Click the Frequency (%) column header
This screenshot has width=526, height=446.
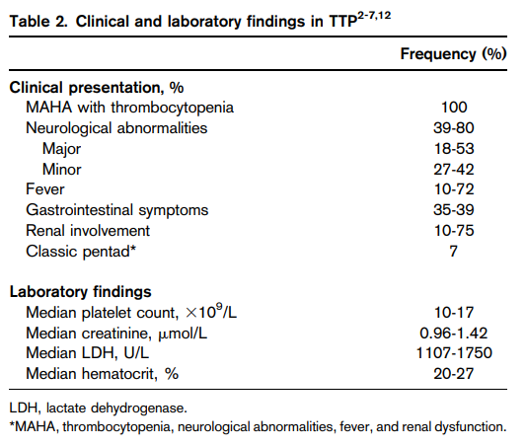[453, 54]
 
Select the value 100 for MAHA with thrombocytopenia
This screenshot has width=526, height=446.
[454, 108]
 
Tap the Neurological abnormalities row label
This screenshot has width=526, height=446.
[116, 128]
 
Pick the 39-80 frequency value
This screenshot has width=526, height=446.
[454, 127]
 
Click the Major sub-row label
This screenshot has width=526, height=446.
[62, 149]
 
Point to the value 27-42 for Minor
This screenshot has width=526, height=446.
[454, 170]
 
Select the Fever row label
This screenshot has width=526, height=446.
[45, 189]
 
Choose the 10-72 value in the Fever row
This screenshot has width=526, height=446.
[454, 189]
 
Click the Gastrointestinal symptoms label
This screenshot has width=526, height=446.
[117, 210]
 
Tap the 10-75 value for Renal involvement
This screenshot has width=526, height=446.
[454, 231]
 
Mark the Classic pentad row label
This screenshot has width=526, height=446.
[81, 252]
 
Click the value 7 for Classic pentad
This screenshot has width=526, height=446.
[454, 252]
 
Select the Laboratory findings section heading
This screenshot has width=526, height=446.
[81, 292]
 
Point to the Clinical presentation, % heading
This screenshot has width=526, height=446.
[97, 88]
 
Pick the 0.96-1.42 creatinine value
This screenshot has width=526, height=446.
[454, 333]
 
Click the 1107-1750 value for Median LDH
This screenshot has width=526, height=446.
[454, 353]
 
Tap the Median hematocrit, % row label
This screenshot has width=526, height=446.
[102, 374]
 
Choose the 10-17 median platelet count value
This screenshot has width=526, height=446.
[454, 313]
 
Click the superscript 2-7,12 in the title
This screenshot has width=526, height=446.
[374, 16]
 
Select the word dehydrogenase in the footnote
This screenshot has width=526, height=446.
[139, 409]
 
